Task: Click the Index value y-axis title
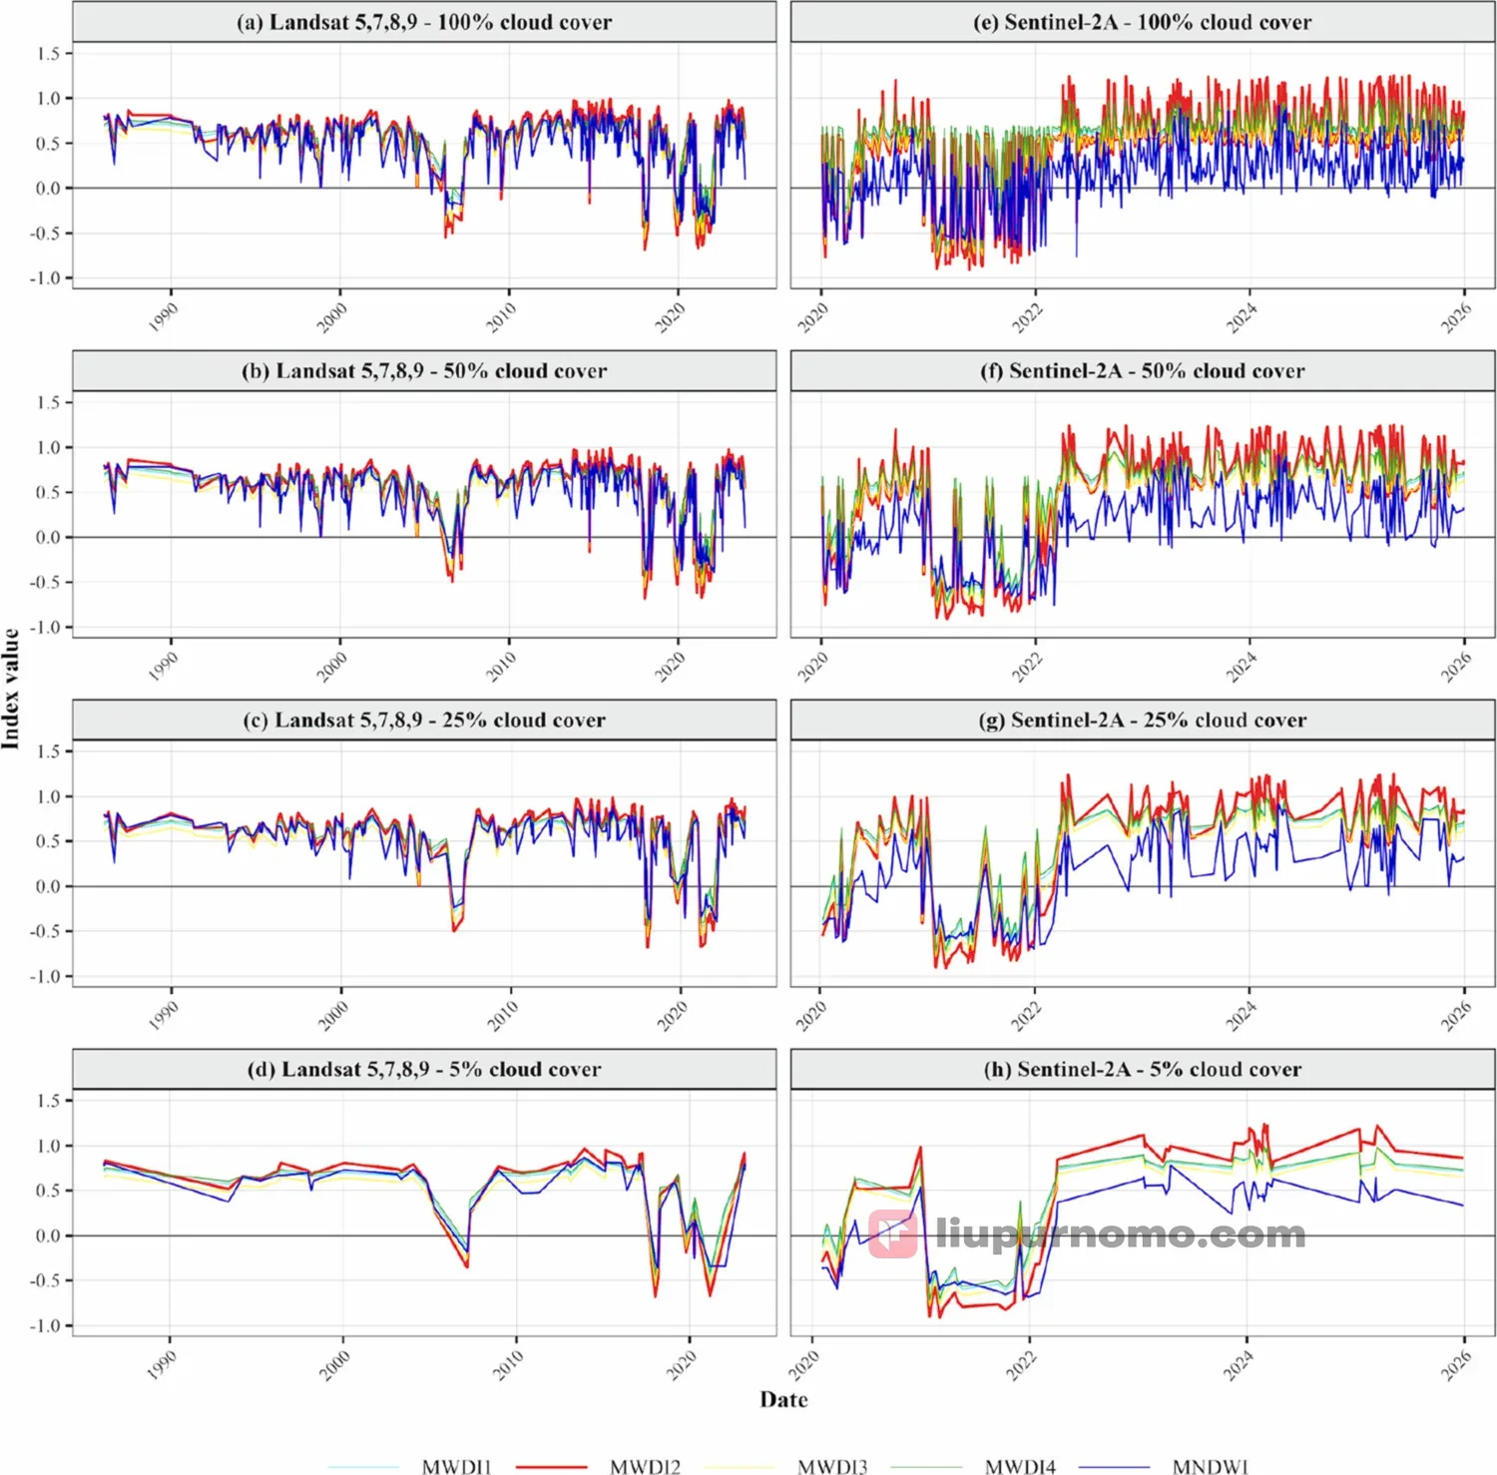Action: (11, 689)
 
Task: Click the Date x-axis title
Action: (783, 1399)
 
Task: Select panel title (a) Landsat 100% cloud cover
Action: (424, 22)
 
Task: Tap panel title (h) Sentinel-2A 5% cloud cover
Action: (1143, 1069)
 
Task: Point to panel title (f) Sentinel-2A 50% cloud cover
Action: (1143, 370)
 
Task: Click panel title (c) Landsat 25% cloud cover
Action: (424, 720)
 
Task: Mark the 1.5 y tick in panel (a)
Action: (49, 53)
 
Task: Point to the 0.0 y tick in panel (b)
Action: (49, 537)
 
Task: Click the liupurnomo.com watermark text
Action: (1121, 1234)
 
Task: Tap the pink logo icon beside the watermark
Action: (892, 1234)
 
